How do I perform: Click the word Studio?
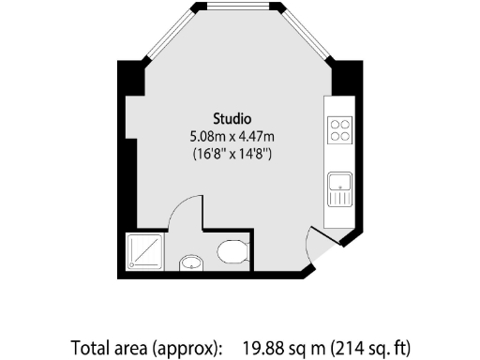(x=232, y=119)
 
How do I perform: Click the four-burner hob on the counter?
(x=339, y=128)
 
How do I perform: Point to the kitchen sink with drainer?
(x=338, y=190)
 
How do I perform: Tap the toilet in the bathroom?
(x=231, y=251)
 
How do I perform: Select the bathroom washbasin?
(x=191, y=262)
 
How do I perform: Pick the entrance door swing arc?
(x=319, y=245)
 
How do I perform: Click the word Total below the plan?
(x=91, y=348)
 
